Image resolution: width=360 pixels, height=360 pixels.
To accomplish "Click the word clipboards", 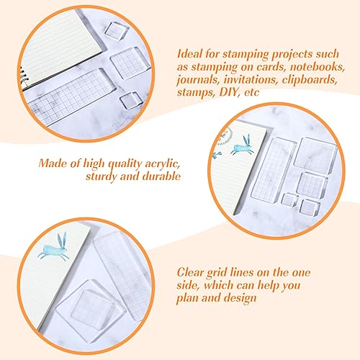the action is (310, 80).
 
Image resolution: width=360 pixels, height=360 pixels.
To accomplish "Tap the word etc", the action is (252, 93).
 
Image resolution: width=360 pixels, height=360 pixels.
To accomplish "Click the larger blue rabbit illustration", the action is (54, 247).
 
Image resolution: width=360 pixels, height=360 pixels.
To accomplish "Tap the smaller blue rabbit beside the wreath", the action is (243, 145).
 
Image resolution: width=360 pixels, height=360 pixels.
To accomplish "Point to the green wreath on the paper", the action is (225, 138).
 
